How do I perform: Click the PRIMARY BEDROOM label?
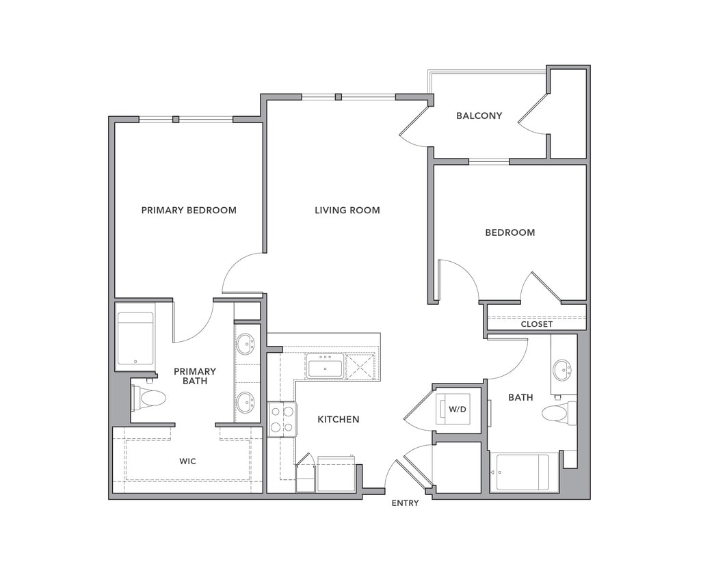[x=189, y=210]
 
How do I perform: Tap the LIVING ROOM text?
[x=347, y=210]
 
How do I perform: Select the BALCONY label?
[x=479, y=116]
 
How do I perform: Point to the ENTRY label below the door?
[x=405, y=503]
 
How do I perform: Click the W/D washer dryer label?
[x=457, y=410]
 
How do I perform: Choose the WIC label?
[x=187, y=461]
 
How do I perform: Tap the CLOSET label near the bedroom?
[x=536, y=324]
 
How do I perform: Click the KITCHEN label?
[x=338, y=419]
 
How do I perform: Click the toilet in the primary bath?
[x=150, y=398]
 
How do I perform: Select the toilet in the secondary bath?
[x=558, y=413]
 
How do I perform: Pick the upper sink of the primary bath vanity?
[x=246, y=343]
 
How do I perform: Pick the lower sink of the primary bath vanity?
[x=246, y=402]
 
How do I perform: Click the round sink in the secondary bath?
[x=562, y=370]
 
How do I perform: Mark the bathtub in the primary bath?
[x=135, y=338]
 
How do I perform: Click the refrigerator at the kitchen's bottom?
[x=336, y=474]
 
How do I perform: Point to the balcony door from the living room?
[x=414, y=129]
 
